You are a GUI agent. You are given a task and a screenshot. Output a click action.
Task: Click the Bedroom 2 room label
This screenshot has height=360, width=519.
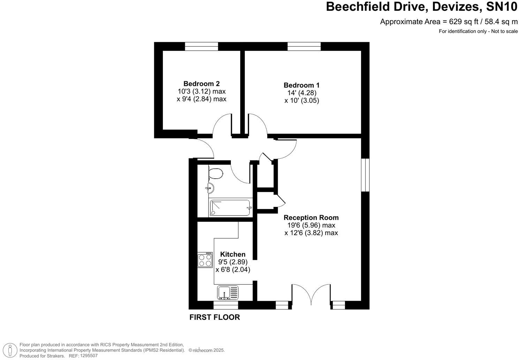[201, 84]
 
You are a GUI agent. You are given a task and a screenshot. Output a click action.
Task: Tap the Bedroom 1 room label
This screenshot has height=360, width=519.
[301, 85]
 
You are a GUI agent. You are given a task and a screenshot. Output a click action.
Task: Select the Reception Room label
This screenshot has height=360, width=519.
[311, 217]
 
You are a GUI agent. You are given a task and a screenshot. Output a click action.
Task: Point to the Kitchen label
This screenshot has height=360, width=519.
[233, 254]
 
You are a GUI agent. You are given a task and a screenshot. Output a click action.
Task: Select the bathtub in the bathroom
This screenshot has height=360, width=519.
[230, 208]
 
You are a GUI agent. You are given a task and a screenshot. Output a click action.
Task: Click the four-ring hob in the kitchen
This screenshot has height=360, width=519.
[205, 260]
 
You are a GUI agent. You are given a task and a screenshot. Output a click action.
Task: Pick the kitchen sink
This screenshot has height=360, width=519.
[228, 292]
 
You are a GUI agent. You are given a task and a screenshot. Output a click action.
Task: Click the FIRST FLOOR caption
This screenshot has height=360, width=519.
[215, 317]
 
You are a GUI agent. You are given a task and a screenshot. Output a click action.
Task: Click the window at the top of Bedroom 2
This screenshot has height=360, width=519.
[201, 46]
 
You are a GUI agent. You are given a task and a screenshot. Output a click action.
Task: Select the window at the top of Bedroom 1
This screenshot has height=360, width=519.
[304, 46]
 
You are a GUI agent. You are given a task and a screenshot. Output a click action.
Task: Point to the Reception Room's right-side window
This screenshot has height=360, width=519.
[365, 175]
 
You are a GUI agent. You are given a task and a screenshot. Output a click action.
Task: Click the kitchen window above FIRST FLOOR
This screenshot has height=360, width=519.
[225, 305]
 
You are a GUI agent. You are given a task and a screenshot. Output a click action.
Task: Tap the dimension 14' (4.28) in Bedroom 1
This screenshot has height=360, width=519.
[302, 93]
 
